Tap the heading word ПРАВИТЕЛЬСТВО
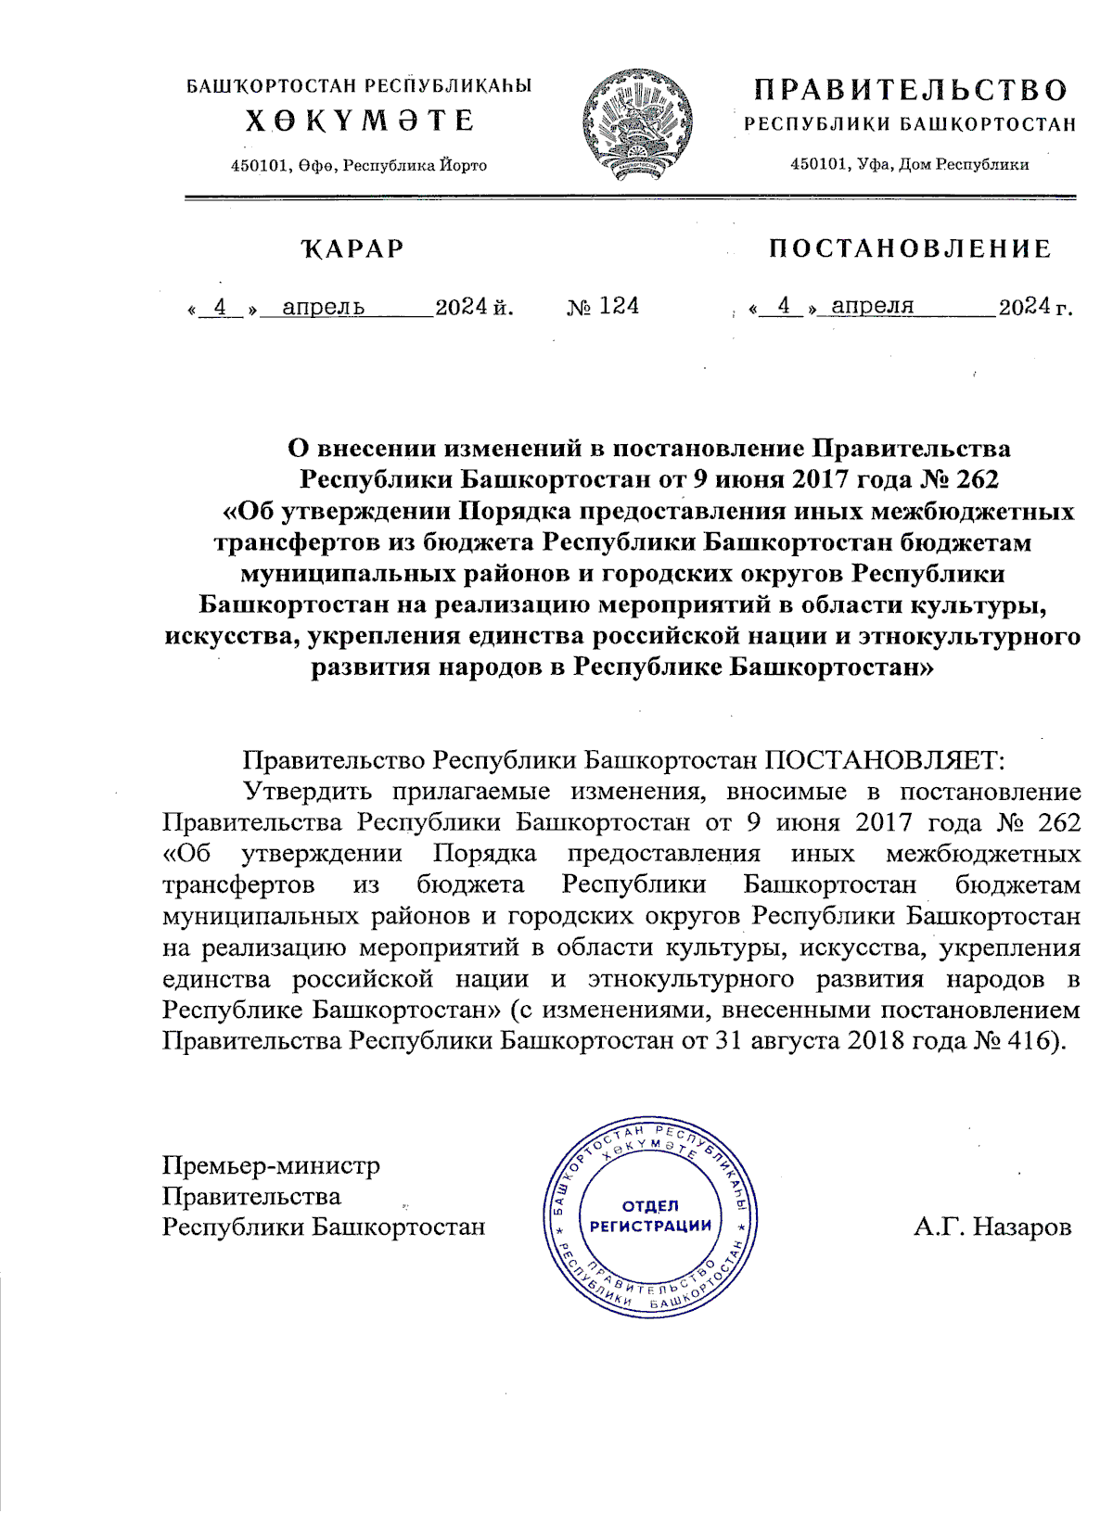910,90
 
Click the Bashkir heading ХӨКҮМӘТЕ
360,121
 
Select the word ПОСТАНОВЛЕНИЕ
910,248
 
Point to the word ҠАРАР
352,248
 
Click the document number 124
619,306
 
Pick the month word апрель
323,307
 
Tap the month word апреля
872,306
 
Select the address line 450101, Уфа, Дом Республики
909,164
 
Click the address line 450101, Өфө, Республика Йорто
359,165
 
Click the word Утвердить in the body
307,791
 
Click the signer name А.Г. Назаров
991,1227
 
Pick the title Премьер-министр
271,1165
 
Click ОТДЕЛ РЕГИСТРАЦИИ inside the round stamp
650,1215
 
